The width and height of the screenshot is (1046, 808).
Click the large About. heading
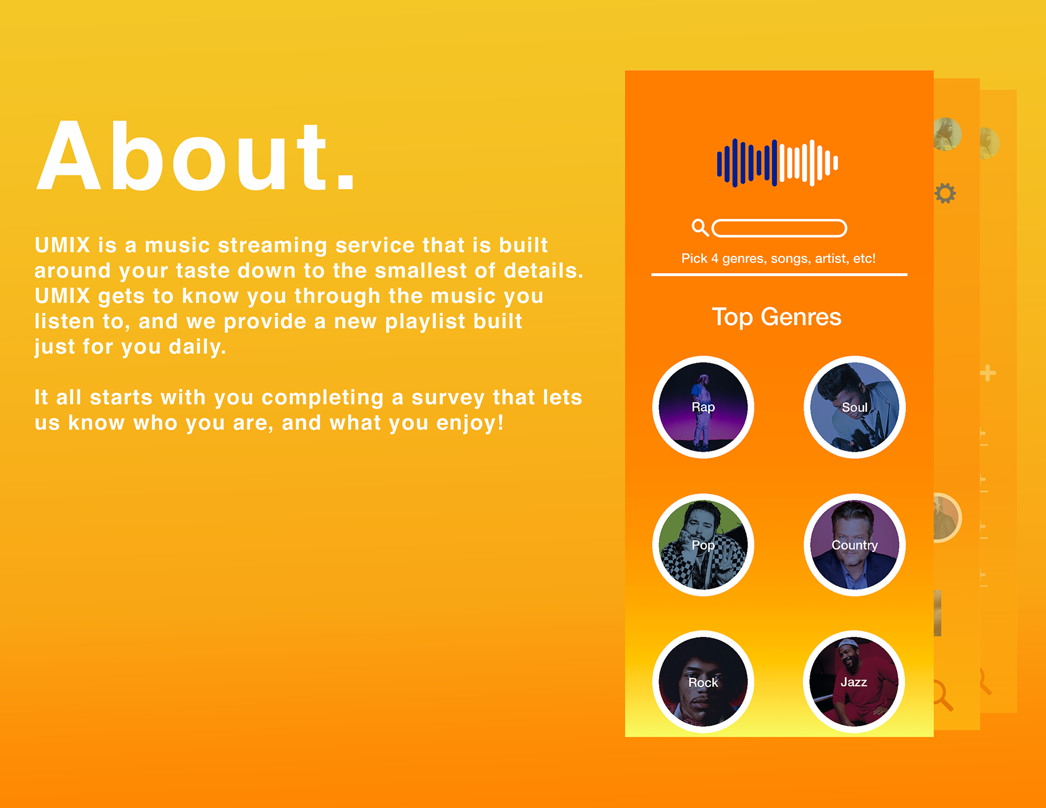pyautogui.click(x=196, y=157)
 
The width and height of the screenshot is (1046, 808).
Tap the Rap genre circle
pyautogui.click(x=703, y=407)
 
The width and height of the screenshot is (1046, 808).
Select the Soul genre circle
pyautogui.click(x=854, y=407)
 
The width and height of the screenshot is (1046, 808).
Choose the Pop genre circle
pyautogui.click(x=703, y=545)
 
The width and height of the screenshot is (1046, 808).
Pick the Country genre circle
pyautogui.click(x=854, y=545)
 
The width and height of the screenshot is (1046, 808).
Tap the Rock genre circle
pyautogui.click(x=703, y=682)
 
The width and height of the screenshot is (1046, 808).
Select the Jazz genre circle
pyautogui.click(x=854, y=682)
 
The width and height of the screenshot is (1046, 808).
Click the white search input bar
pyautogui.click(x=779, y=228)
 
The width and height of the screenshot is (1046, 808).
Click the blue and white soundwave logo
pyautogui.click(x=777, y=163)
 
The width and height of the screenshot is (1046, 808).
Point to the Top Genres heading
pyautogui.click(x=776, y=317)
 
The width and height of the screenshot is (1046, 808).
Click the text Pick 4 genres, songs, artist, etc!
pyautogui.click(x=779, y=259)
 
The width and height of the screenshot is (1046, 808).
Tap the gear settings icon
pyautogui.click(x=945, y=193)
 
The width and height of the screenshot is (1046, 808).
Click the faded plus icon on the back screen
pyautogui.click(x=988, y=373)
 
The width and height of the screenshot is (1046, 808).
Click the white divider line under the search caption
pyautogui.click(x=779, y=274)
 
